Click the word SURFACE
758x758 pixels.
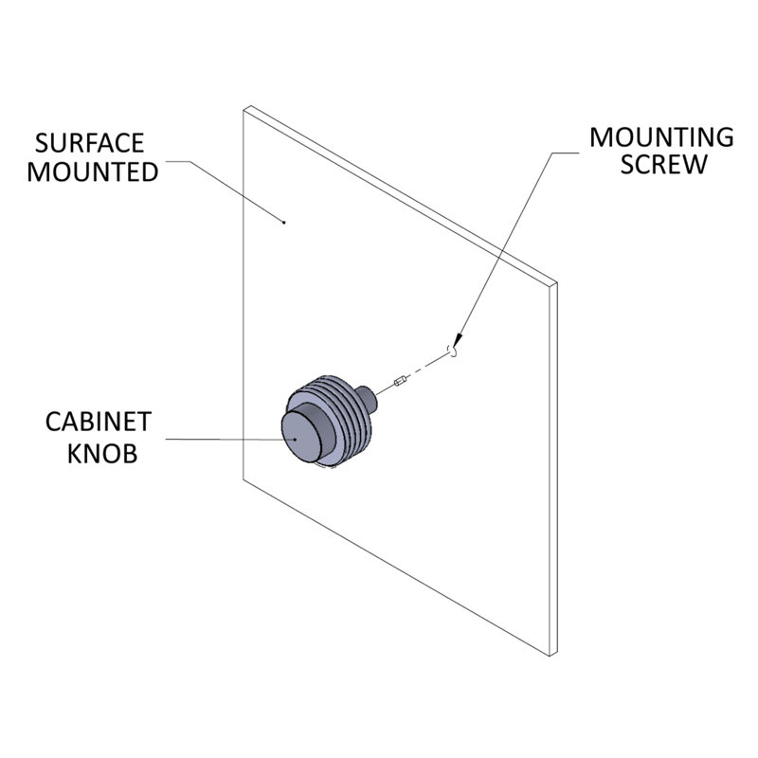[89, 143]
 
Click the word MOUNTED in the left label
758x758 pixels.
[92, 172]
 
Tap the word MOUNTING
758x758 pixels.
[661, 137]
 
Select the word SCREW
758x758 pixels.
[663, 164]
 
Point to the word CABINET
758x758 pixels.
[99, 422]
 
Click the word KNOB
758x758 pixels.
[102, 454]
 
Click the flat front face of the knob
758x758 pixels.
[301, 437]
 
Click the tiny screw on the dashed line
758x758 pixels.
[401, 382]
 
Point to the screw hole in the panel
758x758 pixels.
[453, 350]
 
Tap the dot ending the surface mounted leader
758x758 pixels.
[283, 223]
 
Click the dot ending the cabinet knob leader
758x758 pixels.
[296, 440]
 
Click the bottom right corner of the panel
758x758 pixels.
[550, 656]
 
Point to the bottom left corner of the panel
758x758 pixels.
[244, 479]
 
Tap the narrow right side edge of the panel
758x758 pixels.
[554, 468]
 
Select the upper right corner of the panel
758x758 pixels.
[557, 282]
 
